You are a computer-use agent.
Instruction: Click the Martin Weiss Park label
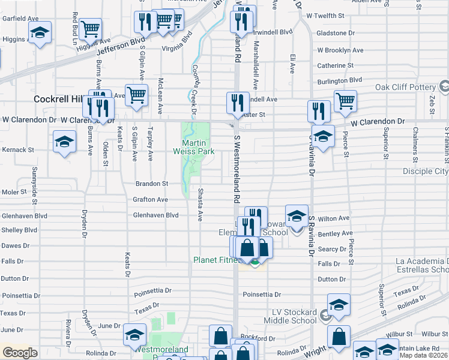198,148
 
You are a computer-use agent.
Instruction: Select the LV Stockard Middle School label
286,316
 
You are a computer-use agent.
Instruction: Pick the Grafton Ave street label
150,199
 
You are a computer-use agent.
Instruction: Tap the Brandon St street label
151,184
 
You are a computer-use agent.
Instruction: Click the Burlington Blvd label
340,80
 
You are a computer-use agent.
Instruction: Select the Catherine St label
335,65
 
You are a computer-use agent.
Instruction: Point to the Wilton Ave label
334,218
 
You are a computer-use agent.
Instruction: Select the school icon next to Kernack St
64,143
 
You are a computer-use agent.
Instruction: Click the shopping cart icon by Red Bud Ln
90,29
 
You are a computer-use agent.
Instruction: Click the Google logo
20,353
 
